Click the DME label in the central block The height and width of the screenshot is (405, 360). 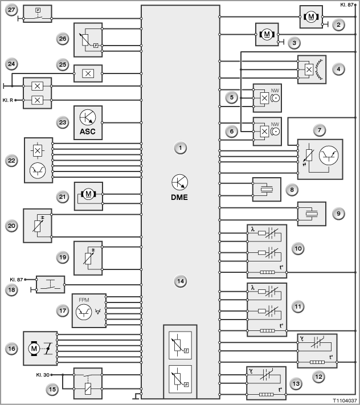point(179,197)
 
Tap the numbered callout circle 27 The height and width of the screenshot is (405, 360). point(11,10)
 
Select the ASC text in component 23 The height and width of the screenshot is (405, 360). point(88,132)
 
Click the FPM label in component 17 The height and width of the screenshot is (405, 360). point(84,300)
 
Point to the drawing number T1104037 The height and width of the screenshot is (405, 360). point(345,400)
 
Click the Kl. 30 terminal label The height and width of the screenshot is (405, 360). point(43,375)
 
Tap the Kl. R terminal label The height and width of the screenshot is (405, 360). point(8,100)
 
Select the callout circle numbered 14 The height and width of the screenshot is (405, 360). point(180,281)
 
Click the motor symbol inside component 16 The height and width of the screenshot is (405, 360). point(34,349)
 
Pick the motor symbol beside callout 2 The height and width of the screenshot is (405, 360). point(311,17)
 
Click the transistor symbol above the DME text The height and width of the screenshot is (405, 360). point(180,182)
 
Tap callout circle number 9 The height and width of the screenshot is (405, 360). point(338,214)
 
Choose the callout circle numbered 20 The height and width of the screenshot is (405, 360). point(11,226)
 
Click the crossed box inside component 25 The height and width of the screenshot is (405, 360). point(88,73)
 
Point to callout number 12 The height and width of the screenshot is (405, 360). point(318,377)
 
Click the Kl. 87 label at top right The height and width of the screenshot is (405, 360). point(347,5)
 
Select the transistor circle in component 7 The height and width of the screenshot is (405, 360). point(329,156)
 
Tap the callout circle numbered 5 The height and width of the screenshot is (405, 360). point(232,97)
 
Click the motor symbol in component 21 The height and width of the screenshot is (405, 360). point(88,194)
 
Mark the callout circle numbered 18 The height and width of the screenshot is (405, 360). point(11,290)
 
